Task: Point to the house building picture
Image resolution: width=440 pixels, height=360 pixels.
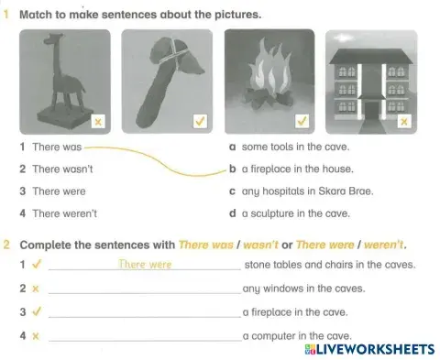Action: tap(370, 81)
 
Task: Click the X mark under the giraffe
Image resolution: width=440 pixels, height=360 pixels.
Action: tap(98, 121)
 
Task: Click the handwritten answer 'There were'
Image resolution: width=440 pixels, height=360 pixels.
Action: tap(145, 265)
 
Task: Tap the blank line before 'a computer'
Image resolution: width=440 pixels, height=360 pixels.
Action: tap(143, 337)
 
